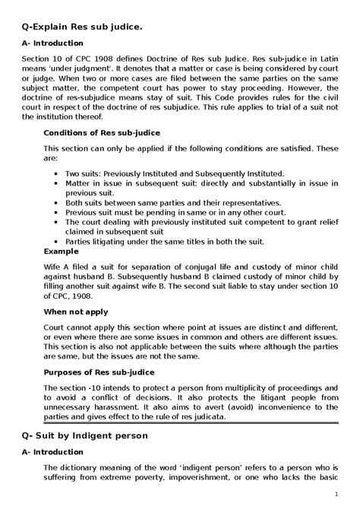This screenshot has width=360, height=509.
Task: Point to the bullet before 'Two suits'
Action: tap(58, 173)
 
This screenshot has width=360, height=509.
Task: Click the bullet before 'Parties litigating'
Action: tap(58, 241)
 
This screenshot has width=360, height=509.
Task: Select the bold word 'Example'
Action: tap(61, 250)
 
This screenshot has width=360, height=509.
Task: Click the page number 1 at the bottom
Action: tap(336, 495)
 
